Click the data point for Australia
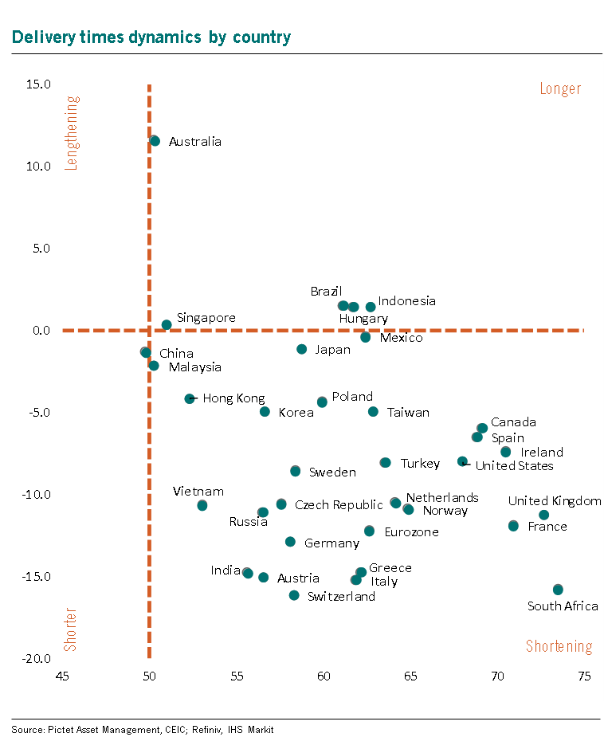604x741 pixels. tap(155, 141)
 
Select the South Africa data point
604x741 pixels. tap(558, 590)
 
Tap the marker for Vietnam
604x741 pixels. tap(202, 505)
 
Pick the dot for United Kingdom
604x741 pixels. tap(543, 515)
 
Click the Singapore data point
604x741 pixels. tap(167, 325)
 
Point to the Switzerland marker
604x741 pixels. tap(294, 595)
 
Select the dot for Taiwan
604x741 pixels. tap(373, 412)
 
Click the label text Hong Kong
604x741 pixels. tap(233, 398)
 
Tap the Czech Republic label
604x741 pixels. tap(339, 505)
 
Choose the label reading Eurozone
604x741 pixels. tap(411, 531)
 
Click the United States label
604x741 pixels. tap(514, 465)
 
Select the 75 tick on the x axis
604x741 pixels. tap(584, 676)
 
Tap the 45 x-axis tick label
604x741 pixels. tap(62, 676)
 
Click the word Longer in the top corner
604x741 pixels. tap(560, 88)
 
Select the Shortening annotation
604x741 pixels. tap(559, 646)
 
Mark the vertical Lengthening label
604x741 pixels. tap(72, 133)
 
